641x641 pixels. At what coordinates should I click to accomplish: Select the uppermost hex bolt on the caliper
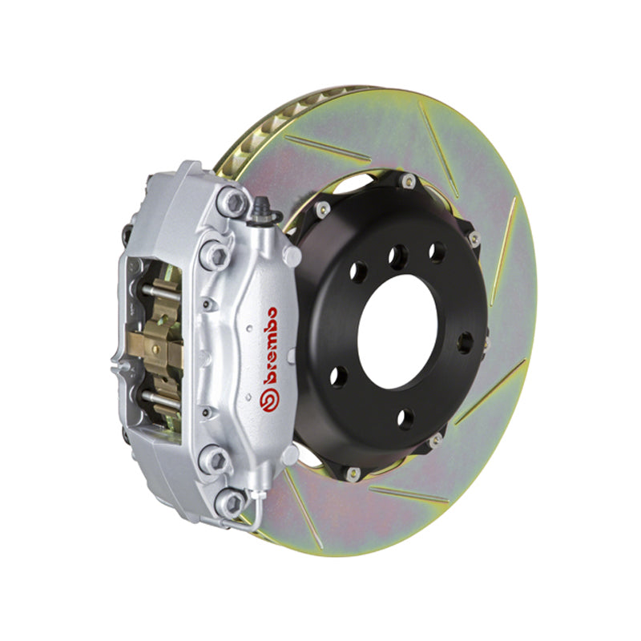click(x=232, y=201)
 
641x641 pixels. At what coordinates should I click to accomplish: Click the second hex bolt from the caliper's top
click(x=214, y=255)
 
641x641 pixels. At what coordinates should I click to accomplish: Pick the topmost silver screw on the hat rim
click(x=409, y=181)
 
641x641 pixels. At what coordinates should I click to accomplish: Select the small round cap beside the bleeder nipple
click(x=293, y=254)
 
